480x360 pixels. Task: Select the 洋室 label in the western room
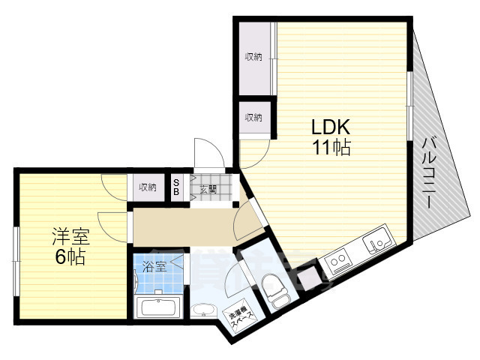70,238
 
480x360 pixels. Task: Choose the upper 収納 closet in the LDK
253,58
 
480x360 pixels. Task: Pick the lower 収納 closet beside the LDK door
253,117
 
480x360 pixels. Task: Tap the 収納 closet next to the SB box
147,187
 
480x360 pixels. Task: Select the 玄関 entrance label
208,189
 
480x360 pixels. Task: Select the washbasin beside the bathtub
202,310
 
